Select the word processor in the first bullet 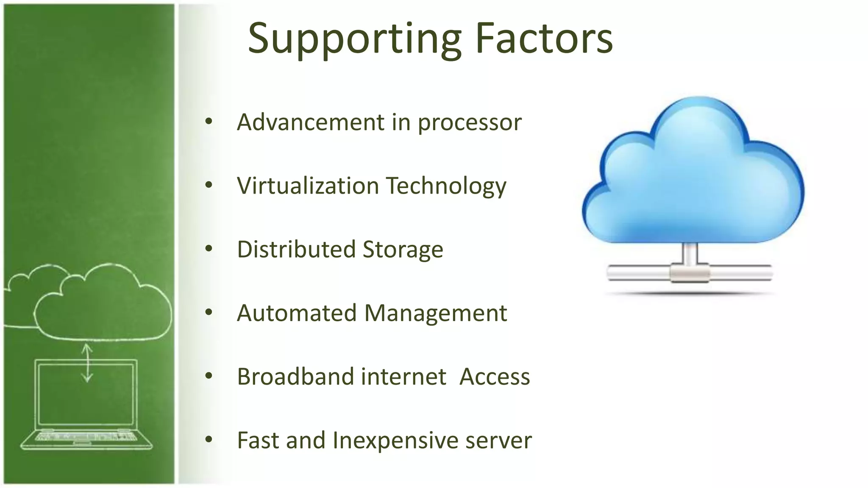click(470, 123)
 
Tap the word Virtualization click(308, 186)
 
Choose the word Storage click(403, 250)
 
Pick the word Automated click(297, 313)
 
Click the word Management click(435, 314)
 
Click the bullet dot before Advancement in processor click(209, 122)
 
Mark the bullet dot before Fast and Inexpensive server click(209, 440)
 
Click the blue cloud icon click(693, 178)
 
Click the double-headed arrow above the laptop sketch click(87, 363)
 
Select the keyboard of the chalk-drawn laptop click(86, 436)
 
